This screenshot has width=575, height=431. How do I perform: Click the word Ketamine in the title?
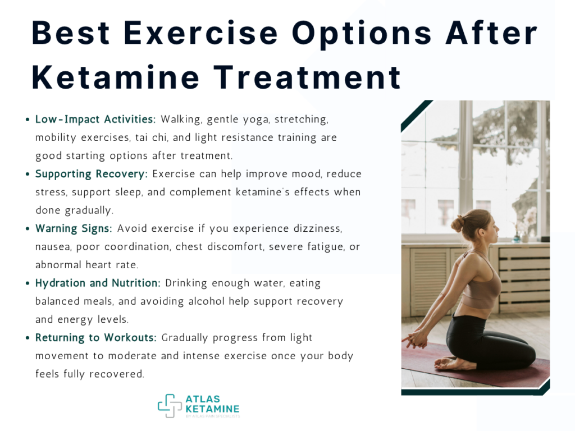(116, 77)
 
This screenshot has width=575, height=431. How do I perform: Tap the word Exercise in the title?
(200, 33)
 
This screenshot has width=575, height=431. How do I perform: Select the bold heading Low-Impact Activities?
(95, 119)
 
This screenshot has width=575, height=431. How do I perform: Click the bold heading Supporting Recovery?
(92, 174)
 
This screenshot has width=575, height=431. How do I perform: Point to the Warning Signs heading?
(74, 228)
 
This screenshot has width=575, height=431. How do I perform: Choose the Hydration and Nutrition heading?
(98, 283)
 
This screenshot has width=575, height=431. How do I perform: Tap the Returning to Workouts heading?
(95, 337)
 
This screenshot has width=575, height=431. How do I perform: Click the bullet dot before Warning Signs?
(28, 229)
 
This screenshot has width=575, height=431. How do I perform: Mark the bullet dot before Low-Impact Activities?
(28, 120)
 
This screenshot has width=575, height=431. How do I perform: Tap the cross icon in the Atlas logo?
(170, 406)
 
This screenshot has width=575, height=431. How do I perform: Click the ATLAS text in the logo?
(203, 399)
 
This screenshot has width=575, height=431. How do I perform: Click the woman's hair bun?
(457, 223)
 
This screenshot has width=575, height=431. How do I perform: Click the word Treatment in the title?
(307, 77)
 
